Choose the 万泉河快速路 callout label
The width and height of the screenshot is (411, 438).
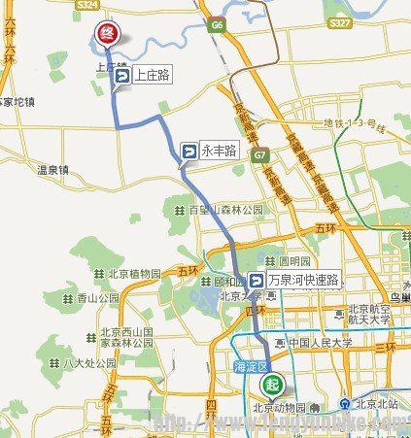292,281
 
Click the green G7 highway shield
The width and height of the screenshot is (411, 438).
259,155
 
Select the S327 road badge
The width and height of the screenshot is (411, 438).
339,21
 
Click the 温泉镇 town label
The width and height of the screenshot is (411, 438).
53,170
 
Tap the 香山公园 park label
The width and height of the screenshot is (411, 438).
97,298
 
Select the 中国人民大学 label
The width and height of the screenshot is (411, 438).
316,343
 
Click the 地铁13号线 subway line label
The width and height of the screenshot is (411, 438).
365,122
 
